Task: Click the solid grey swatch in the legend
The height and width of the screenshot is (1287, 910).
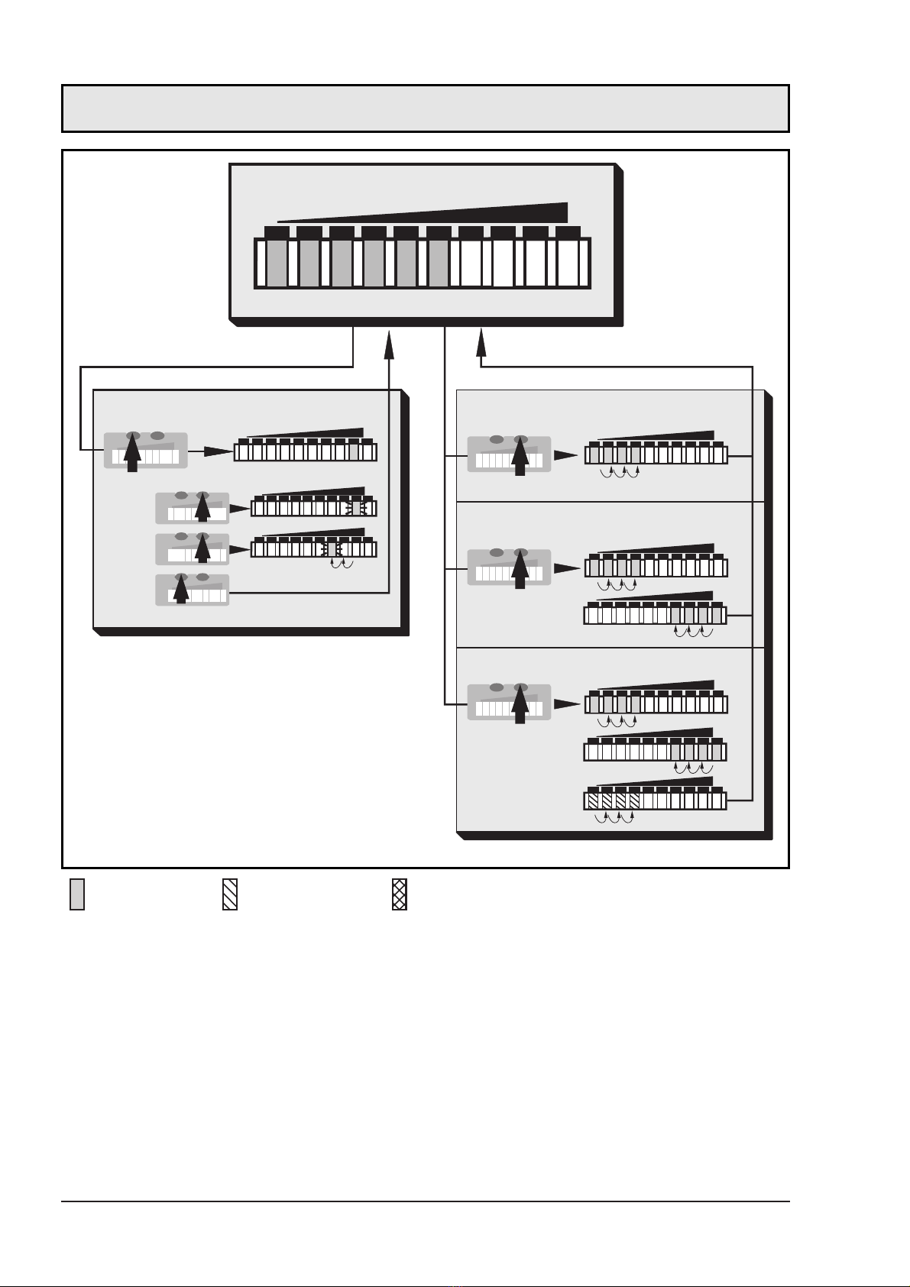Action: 77,894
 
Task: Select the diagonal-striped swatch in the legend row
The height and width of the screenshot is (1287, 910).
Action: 230,894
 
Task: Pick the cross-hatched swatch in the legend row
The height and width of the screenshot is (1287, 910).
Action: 400,894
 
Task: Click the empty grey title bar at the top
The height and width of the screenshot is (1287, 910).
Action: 425,108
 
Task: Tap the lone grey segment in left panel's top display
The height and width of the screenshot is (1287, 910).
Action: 354,453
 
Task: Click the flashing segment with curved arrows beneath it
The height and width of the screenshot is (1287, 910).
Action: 332,549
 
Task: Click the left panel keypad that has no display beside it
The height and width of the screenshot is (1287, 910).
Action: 192,590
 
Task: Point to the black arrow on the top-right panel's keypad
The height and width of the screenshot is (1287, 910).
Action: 520,456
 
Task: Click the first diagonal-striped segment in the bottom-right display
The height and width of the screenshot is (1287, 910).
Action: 593,801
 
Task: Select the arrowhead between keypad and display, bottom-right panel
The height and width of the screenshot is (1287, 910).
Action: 566,704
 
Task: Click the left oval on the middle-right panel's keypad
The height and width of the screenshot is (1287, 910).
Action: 497,552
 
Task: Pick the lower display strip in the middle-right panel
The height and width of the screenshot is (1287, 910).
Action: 655,615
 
